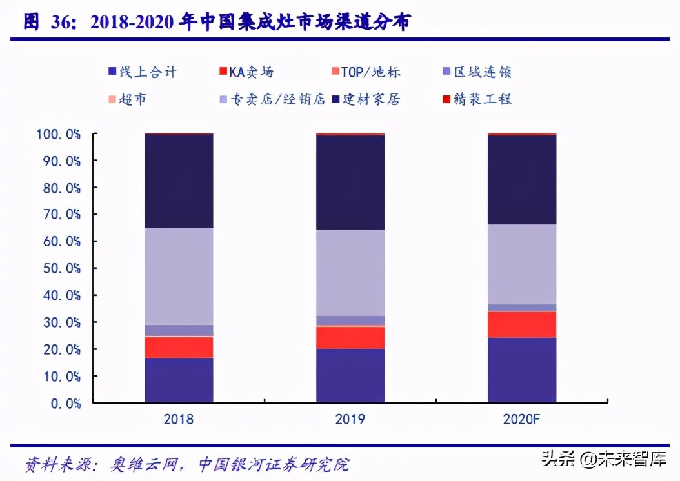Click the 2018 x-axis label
point(179,420)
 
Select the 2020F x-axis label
point(522,420)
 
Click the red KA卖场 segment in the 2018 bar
point(179,347)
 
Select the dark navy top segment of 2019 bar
point(350,182)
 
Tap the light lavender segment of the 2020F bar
point(522,264)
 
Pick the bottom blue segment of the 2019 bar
point(350,375)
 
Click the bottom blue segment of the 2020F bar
point(522,370)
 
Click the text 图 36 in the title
point(49,22)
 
